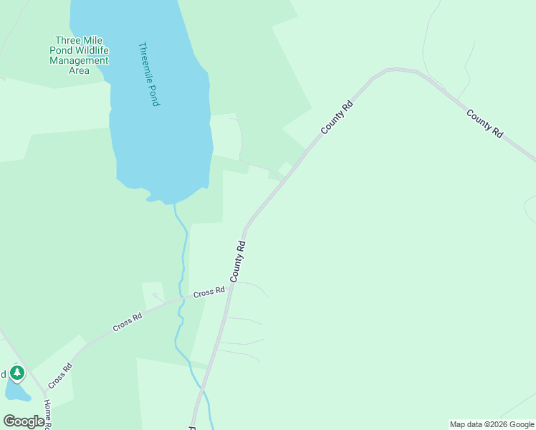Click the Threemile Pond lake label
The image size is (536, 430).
point(148,75)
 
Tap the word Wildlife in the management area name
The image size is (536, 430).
point(90,50)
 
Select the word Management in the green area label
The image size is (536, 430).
point(79,60)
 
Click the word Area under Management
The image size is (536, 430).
point(79,70)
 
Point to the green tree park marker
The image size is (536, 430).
point(17,373)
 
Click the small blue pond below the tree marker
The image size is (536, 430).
point(17,391)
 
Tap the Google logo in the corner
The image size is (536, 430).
point(24,421)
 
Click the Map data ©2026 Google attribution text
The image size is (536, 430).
point(492,424)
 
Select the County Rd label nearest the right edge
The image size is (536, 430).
point(484,123)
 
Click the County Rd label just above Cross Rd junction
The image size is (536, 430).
point(238,261)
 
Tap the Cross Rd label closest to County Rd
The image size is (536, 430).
point(209,292)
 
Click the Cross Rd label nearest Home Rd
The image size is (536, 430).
point(60,376)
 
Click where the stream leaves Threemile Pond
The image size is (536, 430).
point(173,204)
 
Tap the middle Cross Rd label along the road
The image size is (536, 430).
point(128,322)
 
